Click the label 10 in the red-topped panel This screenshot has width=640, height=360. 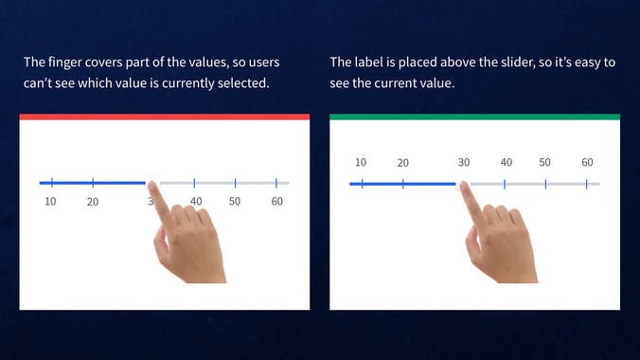click(x=50, y=201)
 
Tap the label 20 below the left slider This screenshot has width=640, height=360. click(x=93, y=202)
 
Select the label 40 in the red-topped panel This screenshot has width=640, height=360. click(x=196, y=202)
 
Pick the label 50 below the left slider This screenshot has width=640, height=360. click(x=235, y=202)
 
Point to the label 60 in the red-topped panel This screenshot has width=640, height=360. click(x=276, y=202)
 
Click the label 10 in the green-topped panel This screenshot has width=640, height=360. click(x=361, y=163)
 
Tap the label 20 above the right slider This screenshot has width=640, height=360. click(x=403, y=163)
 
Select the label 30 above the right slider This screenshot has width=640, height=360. click(x=464, y=163)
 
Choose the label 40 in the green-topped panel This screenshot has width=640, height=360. click(x=507, y=163)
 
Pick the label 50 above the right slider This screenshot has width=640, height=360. click(x=545, y=163)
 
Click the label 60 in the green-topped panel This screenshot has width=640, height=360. click(x=587, y=163)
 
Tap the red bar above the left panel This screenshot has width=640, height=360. click(x=165, y=117)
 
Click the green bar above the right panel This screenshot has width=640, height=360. click(x=475, y=117)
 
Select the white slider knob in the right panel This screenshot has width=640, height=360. click(x=464, y=183)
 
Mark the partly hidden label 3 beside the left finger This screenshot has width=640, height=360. click(x=150, y=202)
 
